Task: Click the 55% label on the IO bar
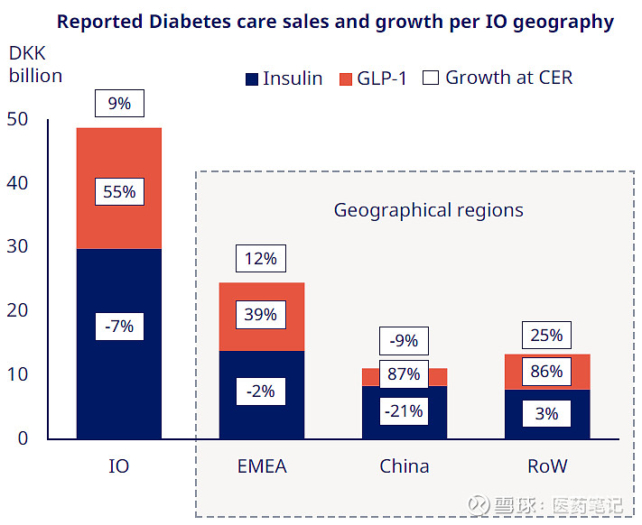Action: tap(118, 192)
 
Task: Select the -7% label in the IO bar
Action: tap(118, 326)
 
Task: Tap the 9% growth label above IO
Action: tap(118, 104)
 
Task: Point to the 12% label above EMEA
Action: tap(261, 259)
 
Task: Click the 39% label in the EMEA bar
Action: tap(261, 315)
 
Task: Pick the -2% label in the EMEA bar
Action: tap(261, 391)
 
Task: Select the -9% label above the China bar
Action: tap(404, 341)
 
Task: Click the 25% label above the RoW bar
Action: tap(546, 336)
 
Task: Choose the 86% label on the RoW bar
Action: tap(546, 371)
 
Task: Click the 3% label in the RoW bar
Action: tap(546, 414)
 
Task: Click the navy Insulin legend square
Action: tap(252, 78)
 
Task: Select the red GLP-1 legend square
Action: tap(345, 78)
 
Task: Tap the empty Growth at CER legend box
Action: tap(430, 78)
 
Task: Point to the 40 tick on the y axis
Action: tap(17, 183)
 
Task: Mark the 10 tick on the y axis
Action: tap(17, 374)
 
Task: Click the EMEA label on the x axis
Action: tap(261, 466)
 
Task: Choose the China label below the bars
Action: tap(404, 466)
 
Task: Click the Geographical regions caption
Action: tap(428, 210)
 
